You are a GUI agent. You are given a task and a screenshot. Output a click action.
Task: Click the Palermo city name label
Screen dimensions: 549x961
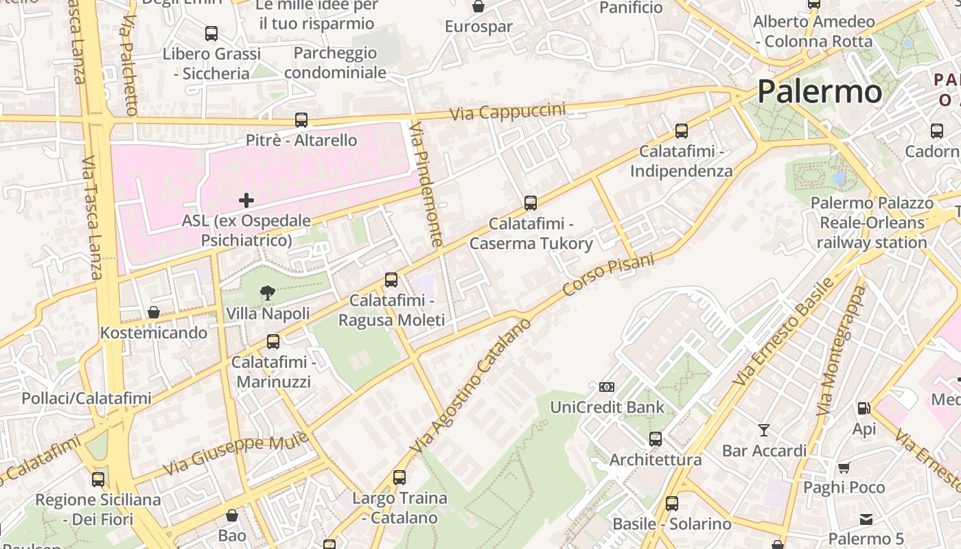[x=820, y=91]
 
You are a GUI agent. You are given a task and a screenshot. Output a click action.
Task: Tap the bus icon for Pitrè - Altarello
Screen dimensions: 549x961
[x=301, y=120]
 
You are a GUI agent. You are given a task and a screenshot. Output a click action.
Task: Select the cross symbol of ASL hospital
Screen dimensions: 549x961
[x=246, y=200]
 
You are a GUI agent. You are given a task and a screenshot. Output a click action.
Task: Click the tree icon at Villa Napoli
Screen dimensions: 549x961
[x=267, y=294]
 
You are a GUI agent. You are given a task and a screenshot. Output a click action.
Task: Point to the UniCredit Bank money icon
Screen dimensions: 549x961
[x=607, y=387]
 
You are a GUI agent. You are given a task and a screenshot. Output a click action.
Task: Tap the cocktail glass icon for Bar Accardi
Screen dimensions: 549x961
[x=763, y=430]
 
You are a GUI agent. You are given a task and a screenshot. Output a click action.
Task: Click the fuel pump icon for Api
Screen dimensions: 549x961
[x=864, y=408]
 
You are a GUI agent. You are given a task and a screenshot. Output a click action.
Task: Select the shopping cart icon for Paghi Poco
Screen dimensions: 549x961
[x=844, y=467]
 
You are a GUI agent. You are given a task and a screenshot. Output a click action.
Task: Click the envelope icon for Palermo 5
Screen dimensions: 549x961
[x=866, y=519]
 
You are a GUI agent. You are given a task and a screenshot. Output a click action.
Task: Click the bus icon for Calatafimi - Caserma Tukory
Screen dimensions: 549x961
[x=531, y=203]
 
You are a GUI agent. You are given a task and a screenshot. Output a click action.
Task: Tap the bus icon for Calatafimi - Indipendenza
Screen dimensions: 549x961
[x=681, y=130]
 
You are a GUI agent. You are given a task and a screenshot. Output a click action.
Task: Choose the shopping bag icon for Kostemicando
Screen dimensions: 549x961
[x=154, y=312]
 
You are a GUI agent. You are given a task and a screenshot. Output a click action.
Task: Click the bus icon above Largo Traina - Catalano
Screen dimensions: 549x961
[x=400, y=477]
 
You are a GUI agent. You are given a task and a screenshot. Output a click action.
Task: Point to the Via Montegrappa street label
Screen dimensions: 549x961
[x=842, y=350]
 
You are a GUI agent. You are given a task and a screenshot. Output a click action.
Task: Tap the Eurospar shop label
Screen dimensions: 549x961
[x=478, y=27]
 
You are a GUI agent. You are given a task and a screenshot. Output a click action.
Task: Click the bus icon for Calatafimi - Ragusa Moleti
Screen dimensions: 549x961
[x=391, y=279]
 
